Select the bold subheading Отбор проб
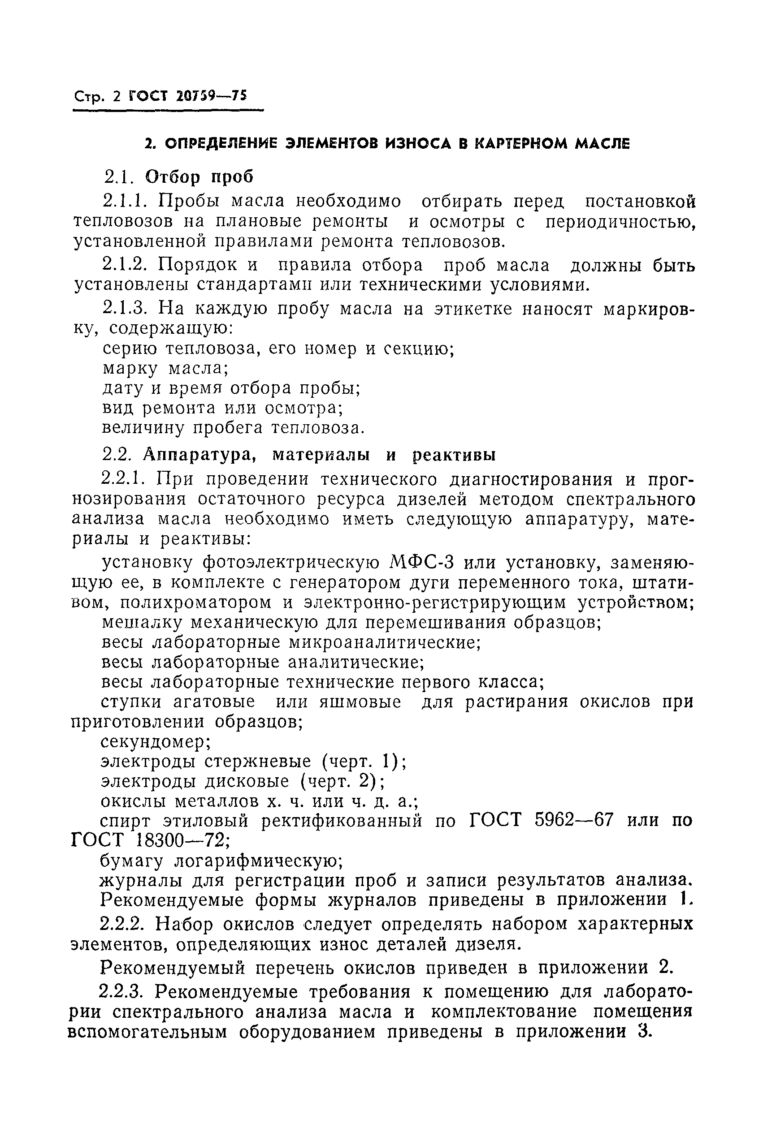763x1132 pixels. click(x=199, y=177)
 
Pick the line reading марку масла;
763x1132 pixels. click(x=165, y=369)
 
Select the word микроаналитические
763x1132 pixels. click(x=385, y=642)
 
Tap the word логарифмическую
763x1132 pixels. click(x=258, y=861)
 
